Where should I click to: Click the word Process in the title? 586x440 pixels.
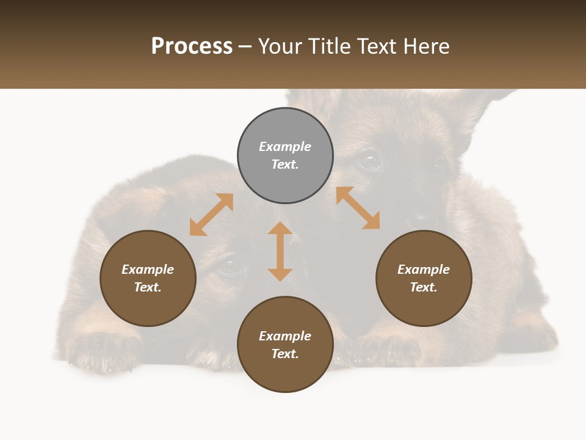pos(192,46)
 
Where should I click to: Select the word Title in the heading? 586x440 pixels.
pos(333,46)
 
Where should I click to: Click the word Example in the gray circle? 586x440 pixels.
pos(285,147)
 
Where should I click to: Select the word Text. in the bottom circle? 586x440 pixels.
pos(285,354)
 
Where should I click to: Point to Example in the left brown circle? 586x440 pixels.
pos(148,269)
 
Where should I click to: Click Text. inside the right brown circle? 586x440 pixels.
pos(424,287)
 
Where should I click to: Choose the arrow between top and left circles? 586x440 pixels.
pos(212,215)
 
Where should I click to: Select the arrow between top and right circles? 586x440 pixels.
pos(358,208)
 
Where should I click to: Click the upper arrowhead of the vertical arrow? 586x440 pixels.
pos(280,229)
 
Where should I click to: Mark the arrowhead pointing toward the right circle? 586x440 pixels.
pos(371,221)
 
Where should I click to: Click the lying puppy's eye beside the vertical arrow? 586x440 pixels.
pos(230,265)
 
